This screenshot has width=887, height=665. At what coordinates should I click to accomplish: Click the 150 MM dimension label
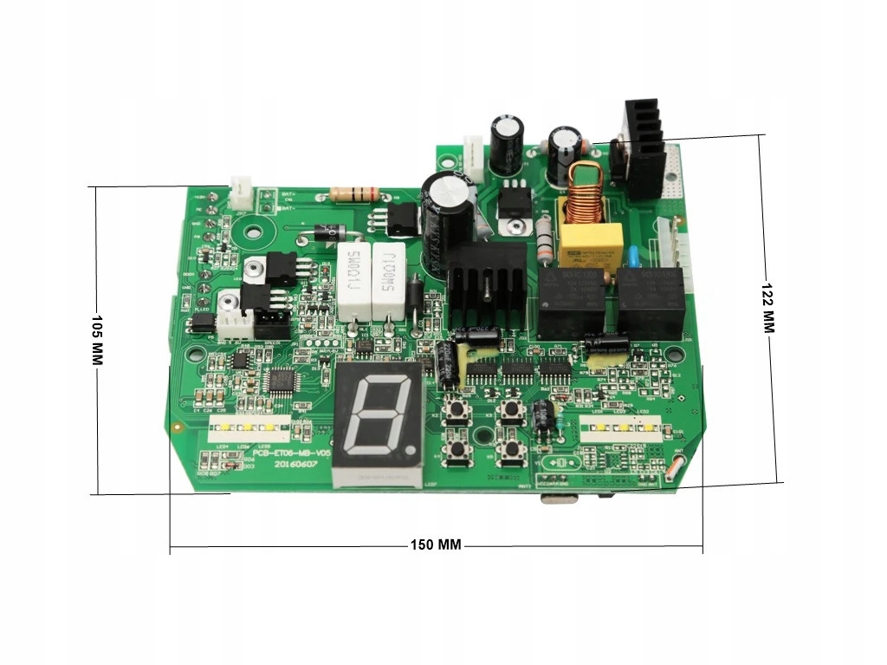436,545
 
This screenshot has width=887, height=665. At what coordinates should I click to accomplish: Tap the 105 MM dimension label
97,340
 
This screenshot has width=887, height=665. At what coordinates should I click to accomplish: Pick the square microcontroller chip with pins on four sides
282,379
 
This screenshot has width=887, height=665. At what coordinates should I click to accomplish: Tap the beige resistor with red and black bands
354,193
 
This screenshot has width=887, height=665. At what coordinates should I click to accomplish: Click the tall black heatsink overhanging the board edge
641,149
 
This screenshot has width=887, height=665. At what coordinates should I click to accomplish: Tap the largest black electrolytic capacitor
446,208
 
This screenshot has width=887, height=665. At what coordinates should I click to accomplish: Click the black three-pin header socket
271,324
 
